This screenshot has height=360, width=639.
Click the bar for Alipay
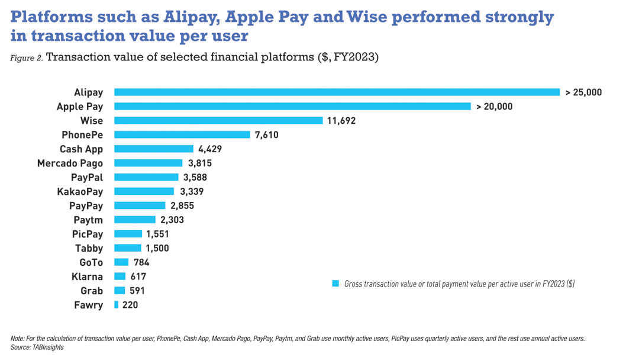[337, 92]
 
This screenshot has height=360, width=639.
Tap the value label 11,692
[341, 121]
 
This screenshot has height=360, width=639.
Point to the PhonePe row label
[82, 135]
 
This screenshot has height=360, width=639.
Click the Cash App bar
[154, 149]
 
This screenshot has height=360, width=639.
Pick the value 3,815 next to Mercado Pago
[199, 163]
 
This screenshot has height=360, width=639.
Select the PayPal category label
[86, 177]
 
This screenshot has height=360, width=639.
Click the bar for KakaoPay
[144, 191]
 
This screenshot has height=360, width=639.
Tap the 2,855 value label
[182, 205]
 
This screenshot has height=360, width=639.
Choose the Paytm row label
[88, 220]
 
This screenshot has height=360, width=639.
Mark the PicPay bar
[128, 234]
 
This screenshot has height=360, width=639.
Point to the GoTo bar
[121, 262]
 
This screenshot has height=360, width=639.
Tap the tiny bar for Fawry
[117, 305]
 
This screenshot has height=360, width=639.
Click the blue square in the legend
[335, 284]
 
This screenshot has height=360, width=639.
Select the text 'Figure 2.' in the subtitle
[26, 58]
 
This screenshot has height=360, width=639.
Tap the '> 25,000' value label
[583, 92]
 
